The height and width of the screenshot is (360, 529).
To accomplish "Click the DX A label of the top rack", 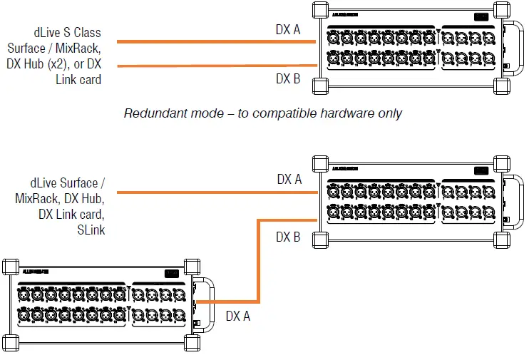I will coord(288,29).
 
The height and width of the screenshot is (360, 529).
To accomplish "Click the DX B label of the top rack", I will coord(288,79).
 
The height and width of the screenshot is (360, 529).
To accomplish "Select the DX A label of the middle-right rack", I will coord(289,179).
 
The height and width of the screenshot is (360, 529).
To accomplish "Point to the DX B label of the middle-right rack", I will coord(288,237).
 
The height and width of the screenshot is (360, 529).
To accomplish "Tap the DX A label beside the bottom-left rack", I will coord(238,316).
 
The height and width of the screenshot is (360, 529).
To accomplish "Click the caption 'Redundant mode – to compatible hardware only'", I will coord(262,113).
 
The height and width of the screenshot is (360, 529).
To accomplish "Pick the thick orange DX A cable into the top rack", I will coord(214,42).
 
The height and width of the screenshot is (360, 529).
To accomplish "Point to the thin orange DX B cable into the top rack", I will coord(214,66).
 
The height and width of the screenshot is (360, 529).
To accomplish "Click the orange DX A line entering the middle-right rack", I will coord(214,192).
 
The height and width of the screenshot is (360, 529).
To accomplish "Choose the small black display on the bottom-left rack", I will coord(171,272).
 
